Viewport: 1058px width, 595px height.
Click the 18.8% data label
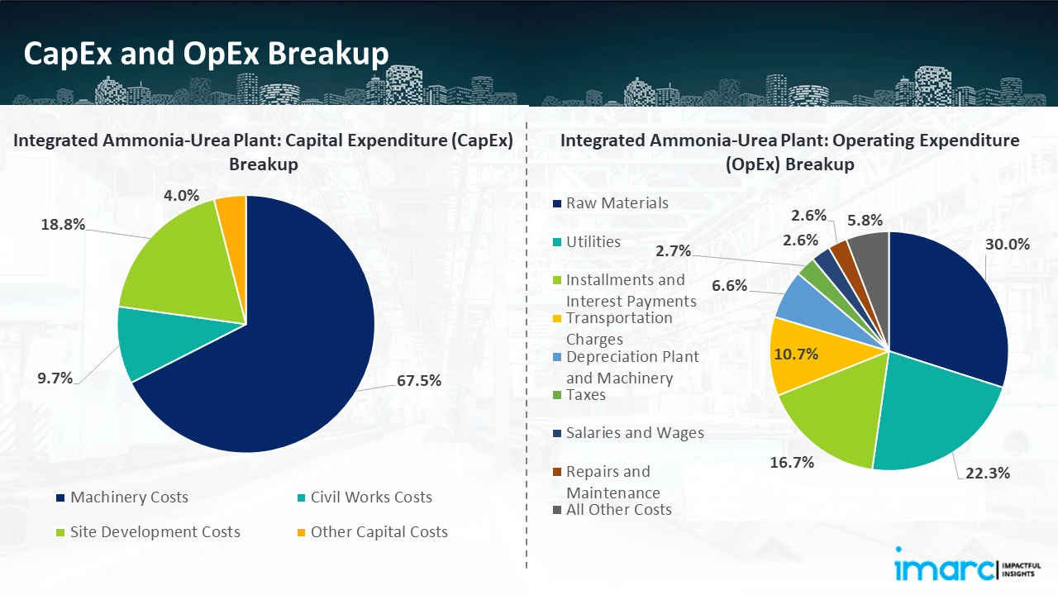(63, 224)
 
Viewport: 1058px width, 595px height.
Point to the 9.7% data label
(55, 378)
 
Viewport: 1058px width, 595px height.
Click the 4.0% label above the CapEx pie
(182, 195)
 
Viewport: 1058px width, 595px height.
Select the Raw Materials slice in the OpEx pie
(951, 306)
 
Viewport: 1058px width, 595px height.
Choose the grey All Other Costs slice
(871, 248)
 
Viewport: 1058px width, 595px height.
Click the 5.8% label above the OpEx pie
(865, 220)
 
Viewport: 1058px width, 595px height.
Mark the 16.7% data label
(792, 462)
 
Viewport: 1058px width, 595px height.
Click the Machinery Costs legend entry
(129, 497)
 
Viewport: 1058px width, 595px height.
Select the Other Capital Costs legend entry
(379, 532)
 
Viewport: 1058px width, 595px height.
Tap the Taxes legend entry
(585, 395)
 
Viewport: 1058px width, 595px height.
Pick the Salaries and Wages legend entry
(634, 433)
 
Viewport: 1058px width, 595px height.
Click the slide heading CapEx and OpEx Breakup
(206, 54)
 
